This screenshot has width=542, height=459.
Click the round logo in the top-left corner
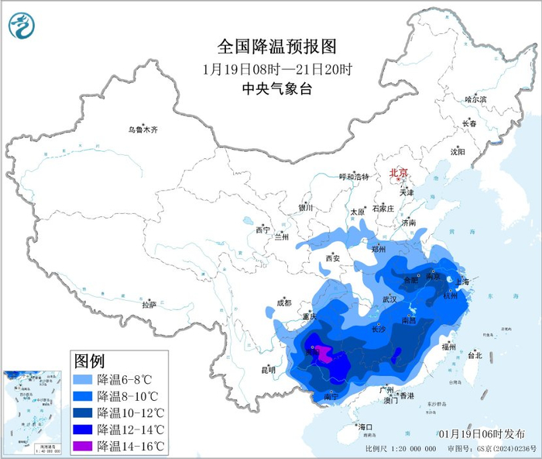pyautogui.click(x=22, y=26)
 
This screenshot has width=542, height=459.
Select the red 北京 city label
pyautogui.click(x=397, y=173)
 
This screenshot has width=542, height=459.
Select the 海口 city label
pyautogui.click(x=365, y=427)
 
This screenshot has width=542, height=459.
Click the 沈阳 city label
pyautogui.click(x=458, y=152)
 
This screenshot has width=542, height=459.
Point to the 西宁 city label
pyautogui.click(x=262, y=230)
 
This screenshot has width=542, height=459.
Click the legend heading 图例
pyautogui.click(x=89, y=361)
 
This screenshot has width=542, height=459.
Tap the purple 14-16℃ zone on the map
pyautogui.click(x=324, y=356)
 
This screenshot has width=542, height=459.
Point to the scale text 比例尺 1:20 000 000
pyautogui.click(x=402, y=449)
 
